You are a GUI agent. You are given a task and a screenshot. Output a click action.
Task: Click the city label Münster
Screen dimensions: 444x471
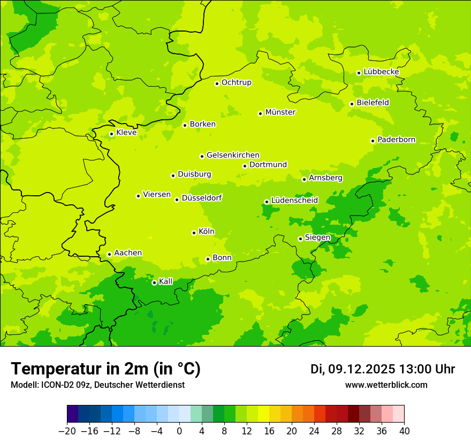(280, 112)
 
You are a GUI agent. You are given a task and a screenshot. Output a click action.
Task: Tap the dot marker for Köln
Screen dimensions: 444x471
(194, 233)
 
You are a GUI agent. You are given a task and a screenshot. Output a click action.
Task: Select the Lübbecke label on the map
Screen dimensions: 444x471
(381, 72)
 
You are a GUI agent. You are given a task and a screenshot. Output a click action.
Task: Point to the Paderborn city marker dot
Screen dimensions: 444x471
(373, 141)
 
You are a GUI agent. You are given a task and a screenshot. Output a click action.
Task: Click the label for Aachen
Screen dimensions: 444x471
(128, 253)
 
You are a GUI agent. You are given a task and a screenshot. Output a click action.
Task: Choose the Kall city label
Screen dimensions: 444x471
(166, 281)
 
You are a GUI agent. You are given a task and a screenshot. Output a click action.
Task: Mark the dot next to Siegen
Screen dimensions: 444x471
(300, 239)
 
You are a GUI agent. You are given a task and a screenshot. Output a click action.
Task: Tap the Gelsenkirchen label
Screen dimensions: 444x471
(233, 155)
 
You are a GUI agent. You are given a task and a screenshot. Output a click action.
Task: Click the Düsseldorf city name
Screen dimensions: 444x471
(202, 198)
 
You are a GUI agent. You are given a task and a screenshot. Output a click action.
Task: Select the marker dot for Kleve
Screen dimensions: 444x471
(111, 134)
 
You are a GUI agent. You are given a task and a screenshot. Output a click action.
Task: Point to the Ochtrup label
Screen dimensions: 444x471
(237, 82)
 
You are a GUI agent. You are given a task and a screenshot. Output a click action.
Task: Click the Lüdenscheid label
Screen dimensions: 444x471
(294, 201)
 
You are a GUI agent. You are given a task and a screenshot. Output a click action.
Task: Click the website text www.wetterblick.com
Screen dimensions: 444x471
(386, 385)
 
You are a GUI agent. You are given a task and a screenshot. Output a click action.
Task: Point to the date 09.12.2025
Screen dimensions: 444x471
(361, 369)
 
